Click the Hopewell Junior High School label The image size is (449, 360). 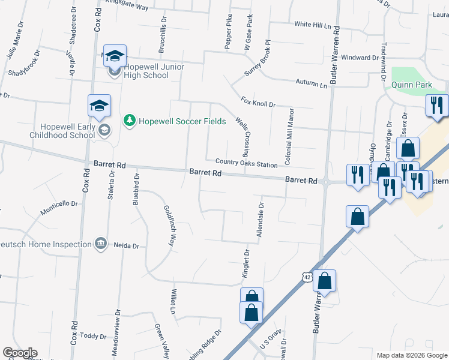pos(146,71)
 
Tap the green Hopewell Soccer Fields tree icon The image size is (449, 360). pos(128,121)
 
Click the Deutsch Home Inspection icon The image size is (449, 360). pos(101,244)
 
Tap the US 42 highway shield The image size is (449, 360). pos(307,277)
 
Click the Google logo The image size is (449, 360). pos(20,353)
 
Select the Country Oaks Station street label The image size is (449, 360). pos(246,164)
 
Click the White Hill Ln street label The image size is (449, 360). pos(313,25)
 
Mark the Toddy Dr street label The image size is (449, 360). pos(92,336)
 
